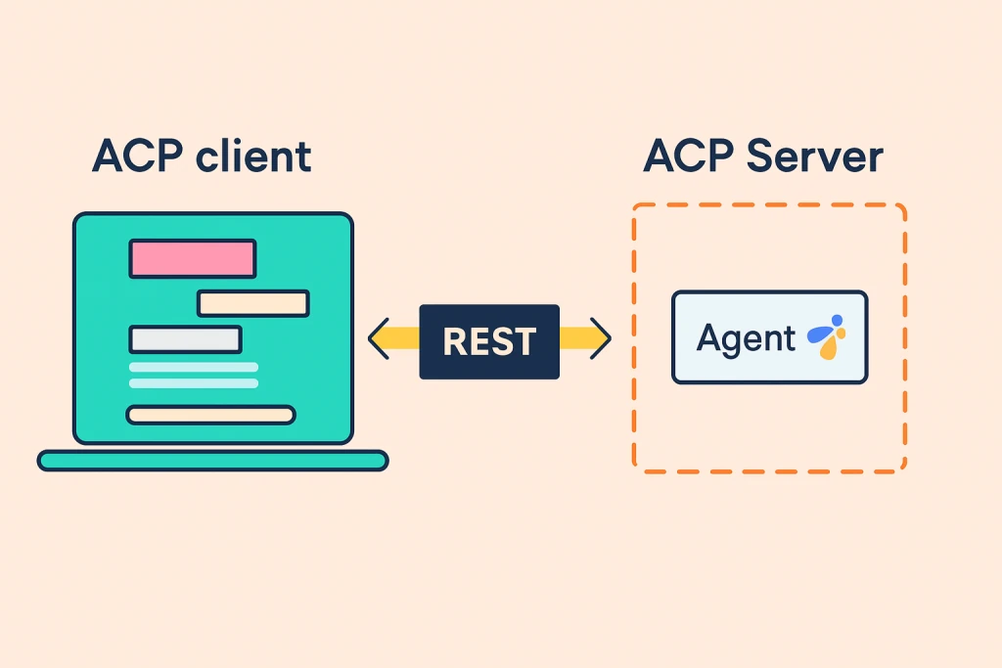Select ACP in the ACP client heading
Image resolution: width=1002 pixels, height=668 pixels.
pos(138,156)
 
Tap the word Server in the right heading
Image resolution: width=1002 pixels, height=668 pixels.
pos(821,156)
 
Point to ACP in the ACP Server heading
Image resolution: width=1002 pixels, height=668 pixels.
pos(689,156)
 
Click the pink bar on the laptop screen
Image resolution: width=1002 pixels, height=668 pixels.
pos(193,258)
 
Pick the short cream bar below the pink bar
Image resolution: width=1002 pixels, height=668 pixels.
pos(253,303)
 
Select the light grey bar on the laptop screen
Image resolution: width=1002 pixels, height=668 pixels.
pos(185,339)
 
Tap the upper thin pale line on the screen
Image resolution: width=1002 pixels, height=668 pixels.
pos(194,368)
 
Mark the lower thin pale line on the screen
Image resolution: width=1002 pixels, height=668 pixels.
pos(194,383)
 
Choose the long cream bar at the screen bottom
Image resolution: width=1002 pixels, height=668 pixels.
pos(210,415)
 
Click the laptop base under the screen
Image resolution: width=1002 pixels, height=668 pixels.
pos(212,460)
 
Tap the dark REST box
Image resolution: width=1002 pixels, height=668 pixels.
pos(489,341)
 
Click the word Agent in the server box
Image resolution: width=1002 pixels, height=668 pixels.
pos(746,338)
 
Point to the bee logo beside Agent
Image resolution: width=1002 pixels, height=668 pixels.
pos(827,336)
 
